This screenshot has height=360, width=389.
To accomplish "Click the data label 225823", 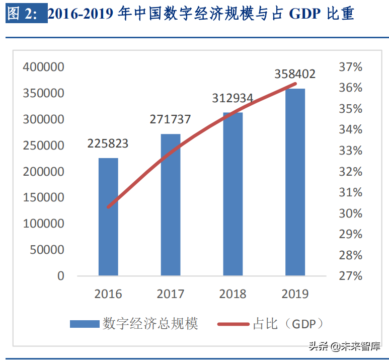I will tap(108, 143).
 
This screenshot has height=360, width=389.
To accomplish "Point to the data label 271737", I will tap(170, 119).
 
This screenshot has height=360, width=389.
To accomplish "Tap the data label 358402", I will tap(295, 74).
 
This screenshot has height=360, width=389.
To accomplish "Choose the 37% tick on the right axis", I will tap(351, 67).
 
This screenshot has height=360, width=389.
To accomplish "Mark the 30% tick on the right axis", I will tap(351, 213).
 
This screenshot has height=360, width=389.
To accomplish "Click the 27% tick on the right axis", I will tap(351, 276).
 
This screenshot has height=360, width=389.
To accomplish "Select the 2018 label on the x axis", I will tap(232, 294).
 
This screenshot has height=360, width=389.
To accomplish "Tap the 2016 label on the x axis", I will tap(108, 294).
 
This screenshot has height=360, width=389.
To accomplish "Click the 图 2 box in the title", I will tap(26, 14).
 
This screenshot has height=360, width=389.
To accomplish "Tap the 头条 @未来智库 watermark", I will tap(344, 346).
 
